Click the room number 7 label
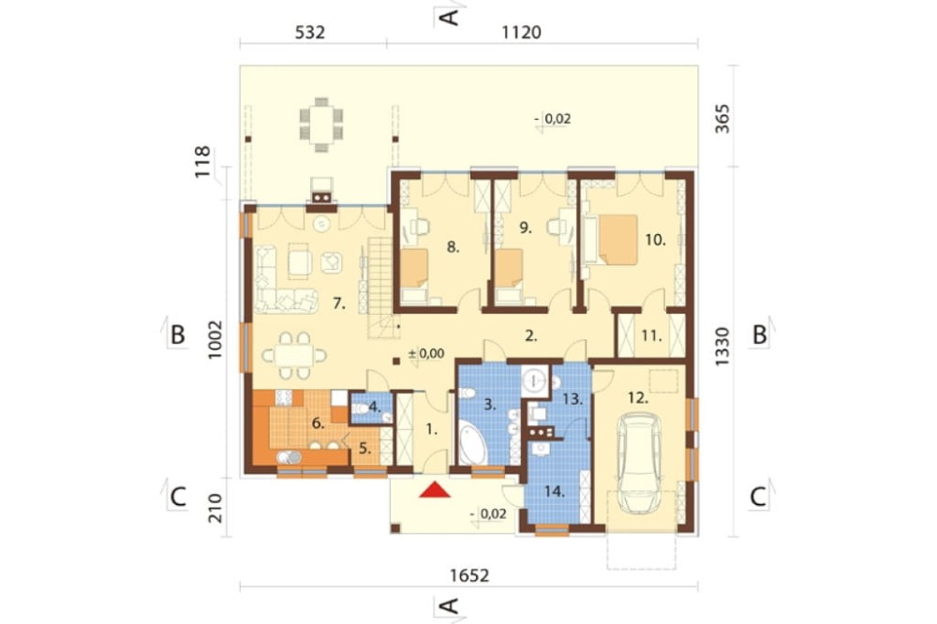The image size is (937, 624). (x=339, y=305)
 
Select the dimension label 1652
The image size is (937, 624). (x=469, y=575)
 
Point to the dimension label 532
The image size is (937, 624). (x=310, y=32)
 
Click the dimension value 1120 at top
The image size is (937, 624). (x=521, y=32)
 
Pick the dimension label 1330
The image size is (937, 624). (x=722, y=347)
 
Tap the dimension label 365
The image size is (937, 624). (x=722, y=118)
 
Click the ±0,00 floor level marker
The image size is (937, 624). (x=426, y=353)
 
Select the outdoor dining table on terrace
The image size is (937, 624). (x=321, y=124)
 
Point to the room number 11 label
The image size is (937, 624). (x=652, y=336)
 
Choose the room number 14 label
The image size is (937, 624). (x=555, y=492)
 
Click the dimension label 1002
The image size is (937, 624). (x=216, y=339)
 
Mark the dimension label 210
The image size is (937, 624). (x=216, y=508)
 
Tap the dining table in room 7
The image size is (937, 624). (x=291, y=356)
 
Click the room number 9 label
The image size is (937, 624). (x=526, y=228)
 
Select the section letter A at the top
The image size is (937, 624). (x=450, y=17)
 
